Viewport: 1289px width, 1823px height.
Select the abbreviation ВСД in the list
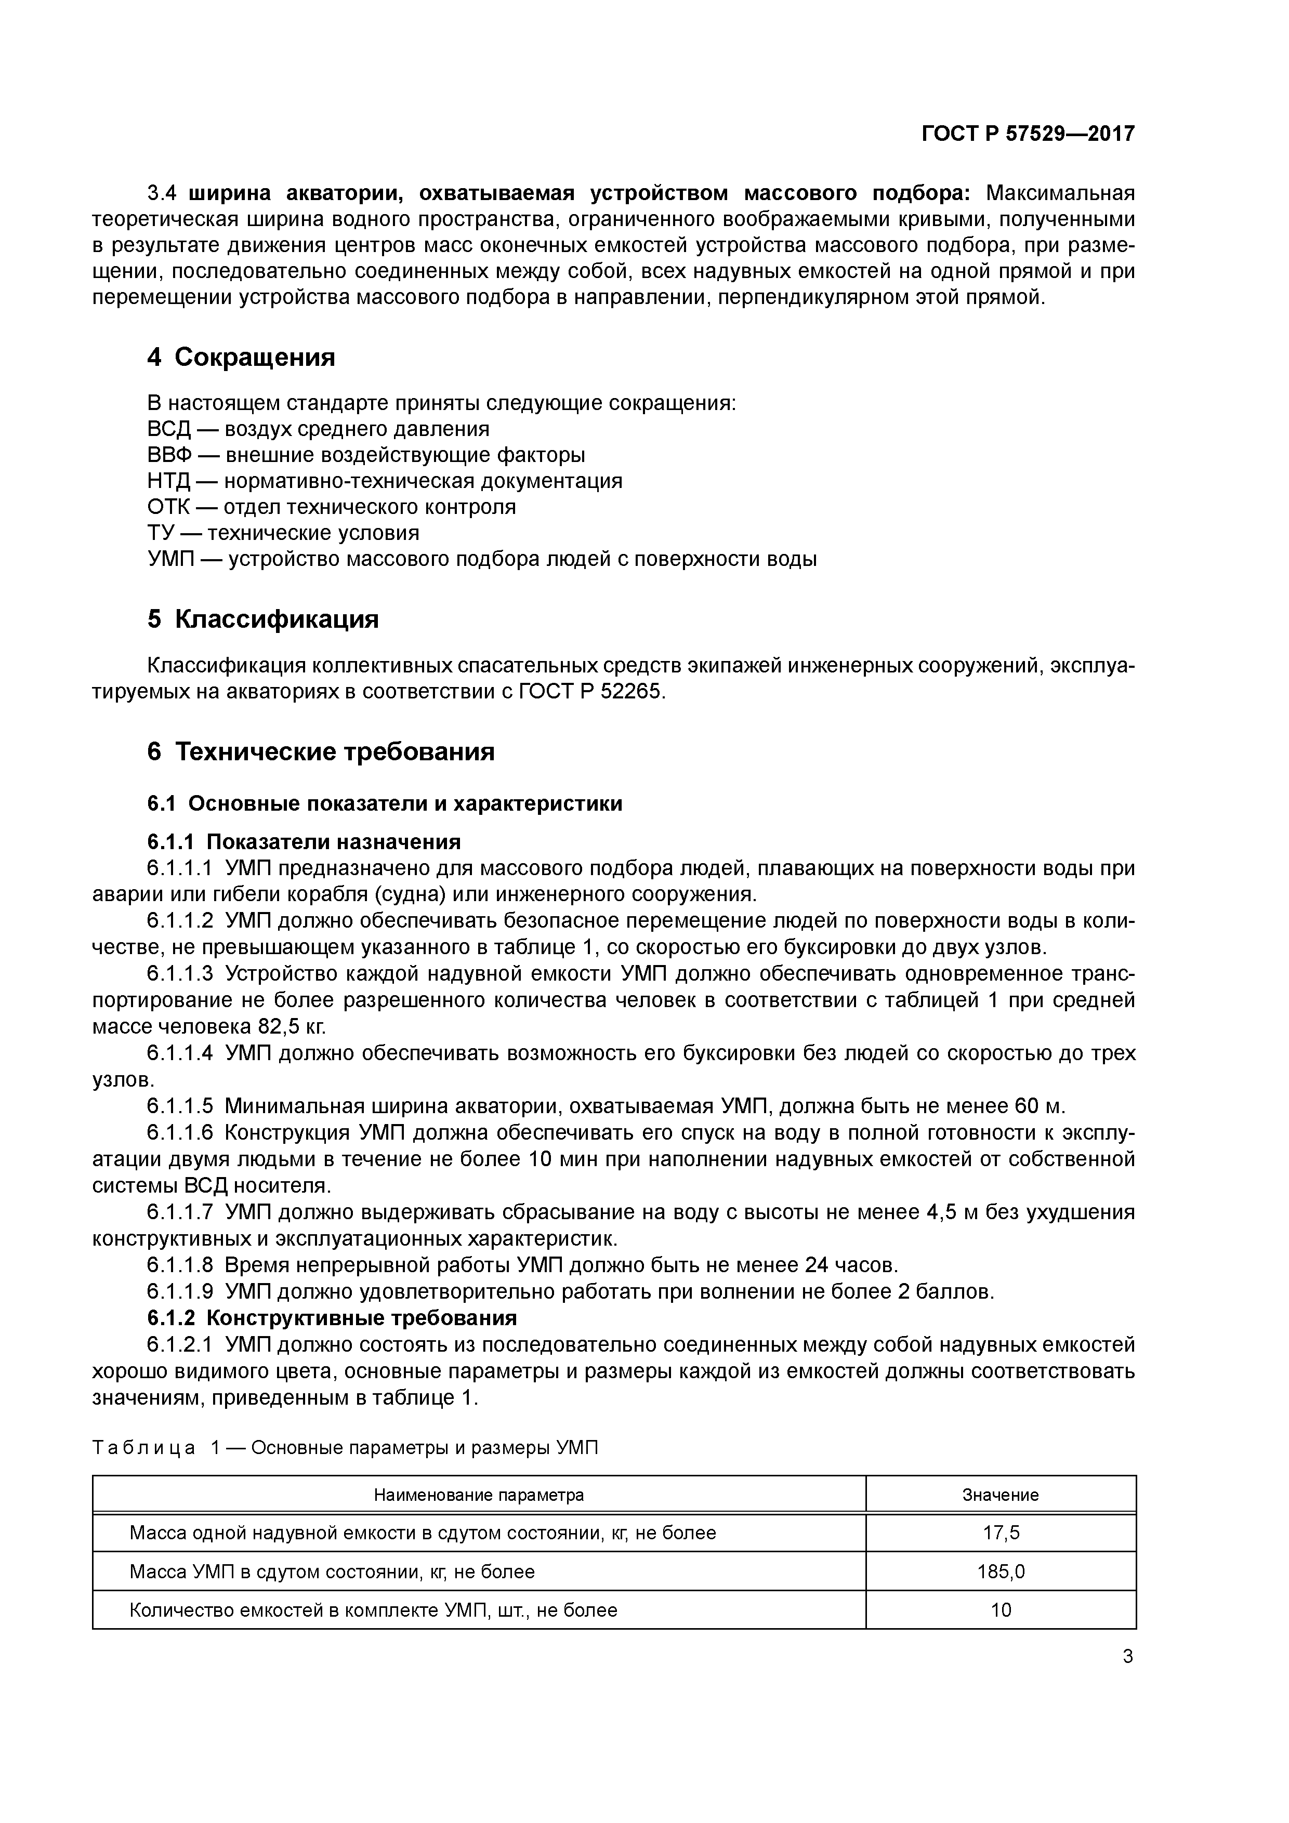click(169, 430)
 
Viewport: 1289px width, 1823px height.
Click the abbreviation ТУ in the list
click(161, 533)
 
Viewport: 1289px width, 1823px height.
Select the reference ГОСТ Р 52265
click(589, 692)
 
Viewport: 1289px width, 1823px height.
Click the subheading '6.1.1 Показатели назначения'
click(304, 842)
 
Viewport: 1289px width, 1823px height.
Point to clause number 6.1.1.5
click(180, 1106)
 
